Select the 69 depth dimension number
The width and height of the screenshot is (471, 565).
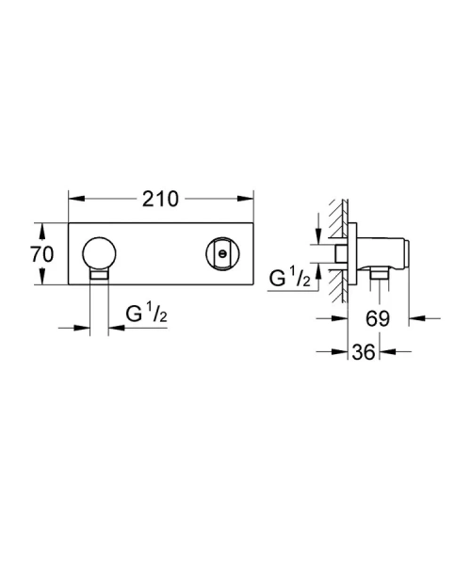(x=378, y=320)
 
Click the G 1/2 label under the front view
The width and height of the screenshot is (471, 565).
(x=145, y=313)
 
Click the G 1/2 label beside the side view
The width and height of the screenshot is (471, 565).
(x=289, y=280)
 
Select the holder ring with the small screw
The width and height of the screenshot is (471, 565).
(x=222, y=254)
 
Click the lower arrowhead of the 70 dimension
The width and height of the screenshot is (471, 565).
(x=39, y=282)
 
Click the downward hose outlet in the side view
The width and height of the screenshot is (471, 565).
(x=378, y=274)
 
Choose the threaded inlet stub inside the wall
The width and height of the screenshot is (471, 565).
(x=340, y=254)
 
